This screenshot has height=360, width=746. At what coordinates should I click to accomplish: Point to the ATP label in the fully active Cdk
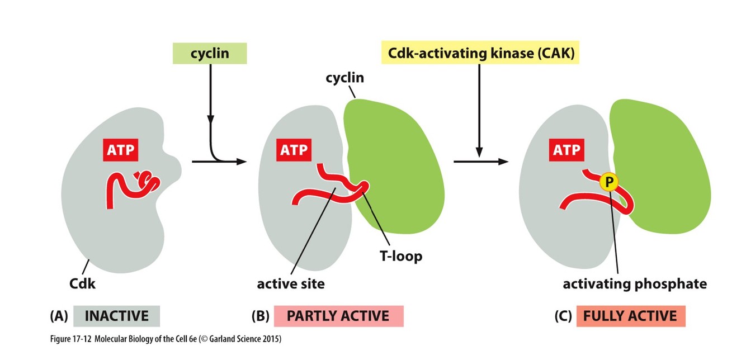click(566, 149)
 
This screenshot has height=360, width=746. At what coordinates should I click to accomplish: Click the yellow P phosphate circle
click(608, 182)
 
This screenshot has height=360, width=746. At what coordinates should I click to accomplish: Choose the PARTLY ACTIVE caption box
click(338, 316)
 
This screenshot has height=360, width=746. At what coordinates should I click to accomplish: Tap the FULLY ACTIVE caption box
click(630, 316)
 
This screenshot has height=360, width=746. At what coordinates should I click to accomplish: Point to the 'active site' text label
click(291, 283)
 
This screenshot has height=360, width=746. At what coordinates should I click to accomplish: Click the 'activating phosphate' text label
click(635, 283)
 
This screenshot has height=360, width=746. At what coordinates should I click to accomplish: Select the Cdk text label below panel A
click(82, 283)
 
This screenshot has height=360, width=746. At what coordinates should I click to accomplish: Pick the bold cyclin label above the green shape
click(344, 78)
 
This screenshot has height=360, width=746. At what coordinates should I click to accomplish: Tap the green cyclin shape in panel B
click(397, 162)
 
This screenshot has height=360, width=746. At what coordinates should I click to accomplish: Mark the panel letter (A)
click(59, 316)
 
